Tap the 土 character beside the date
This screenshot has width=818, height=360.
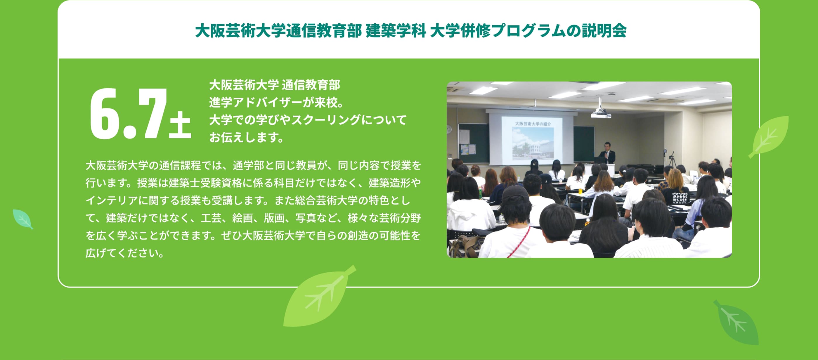[180, 125]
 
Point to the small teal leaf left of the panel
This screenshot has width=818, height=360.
[22, 219]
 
